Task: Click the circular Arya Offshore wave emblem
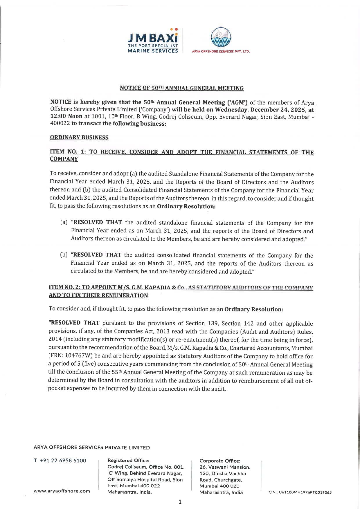coord(221,37)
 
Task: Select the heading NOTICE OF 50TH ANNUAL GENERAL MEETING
coord(182,88)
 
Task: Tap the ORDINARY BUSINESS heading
coord(79,138)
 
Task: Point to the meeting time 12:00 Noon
coord(66,116)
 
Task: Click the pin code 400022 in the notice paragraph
coord(60,123)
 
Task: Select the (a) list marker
coord(64,223)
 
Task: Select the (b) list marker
coord(64,255)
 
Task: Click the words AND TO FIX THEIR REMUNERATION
coord(98,295)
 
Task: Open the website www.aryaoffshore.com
coord(62,491)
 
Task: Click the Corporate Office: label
coord(220,461)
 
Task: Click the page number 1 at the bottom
coord(180,502)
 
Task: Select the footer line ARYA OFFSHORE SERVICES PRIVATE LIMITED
coord(92,447)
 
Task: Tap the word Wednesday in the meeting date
coord(231,110)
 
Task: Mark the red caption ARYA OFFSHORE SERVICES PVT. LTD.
coord(221,51)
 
